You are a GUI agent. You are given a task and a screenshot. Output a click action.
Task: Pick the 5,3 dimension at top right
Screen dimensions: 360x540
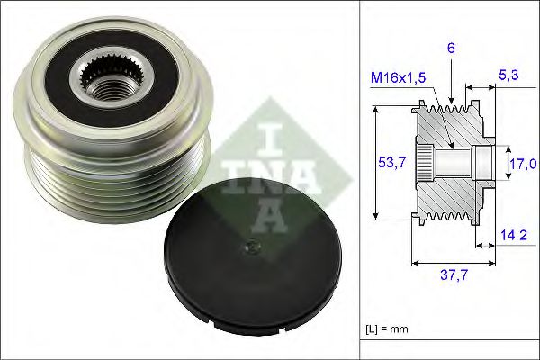point(508,78)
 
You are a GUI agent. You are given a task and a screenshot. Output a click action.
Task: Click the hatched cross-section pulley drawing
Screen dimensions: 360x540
point(450,162)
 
